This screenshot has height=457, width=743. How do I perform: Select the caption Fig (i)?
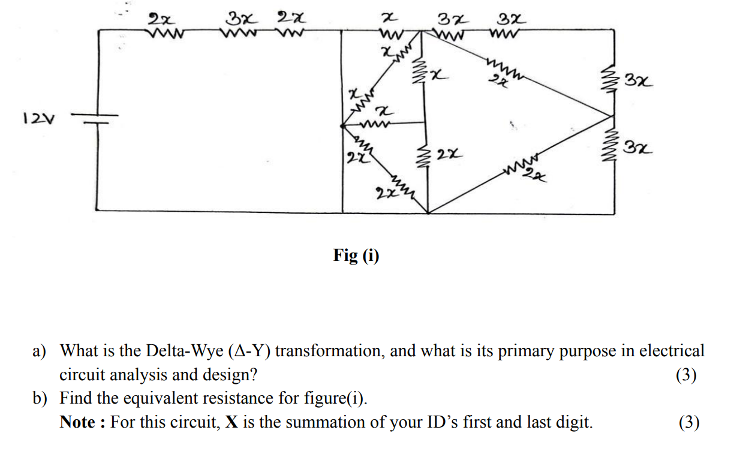coord(356,256)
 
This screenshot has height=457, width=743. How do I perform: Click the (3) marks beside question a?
coord(686,375)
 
